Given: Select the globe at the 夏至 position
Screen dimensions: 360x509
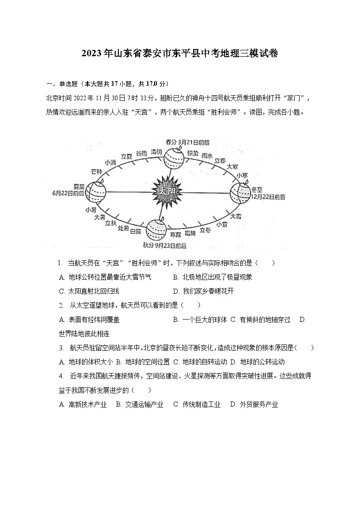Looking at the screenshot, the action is pyautogui.click(x=96, y=192).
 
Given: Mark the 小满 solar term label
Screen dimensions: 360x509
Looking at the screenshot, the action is pyautogui.click(x=110, y=162).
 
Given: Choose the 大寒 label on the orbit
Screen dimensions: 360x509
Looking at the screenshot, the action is pyautogui.click(x=233, y=166).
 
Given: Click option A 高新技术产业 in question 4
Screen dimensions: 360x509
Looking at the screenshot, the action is pyautogui.click(x=83, y=404).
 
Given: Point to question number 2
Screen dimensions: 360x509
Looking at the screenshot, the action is pyautogui.click(x=61, y=305).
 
